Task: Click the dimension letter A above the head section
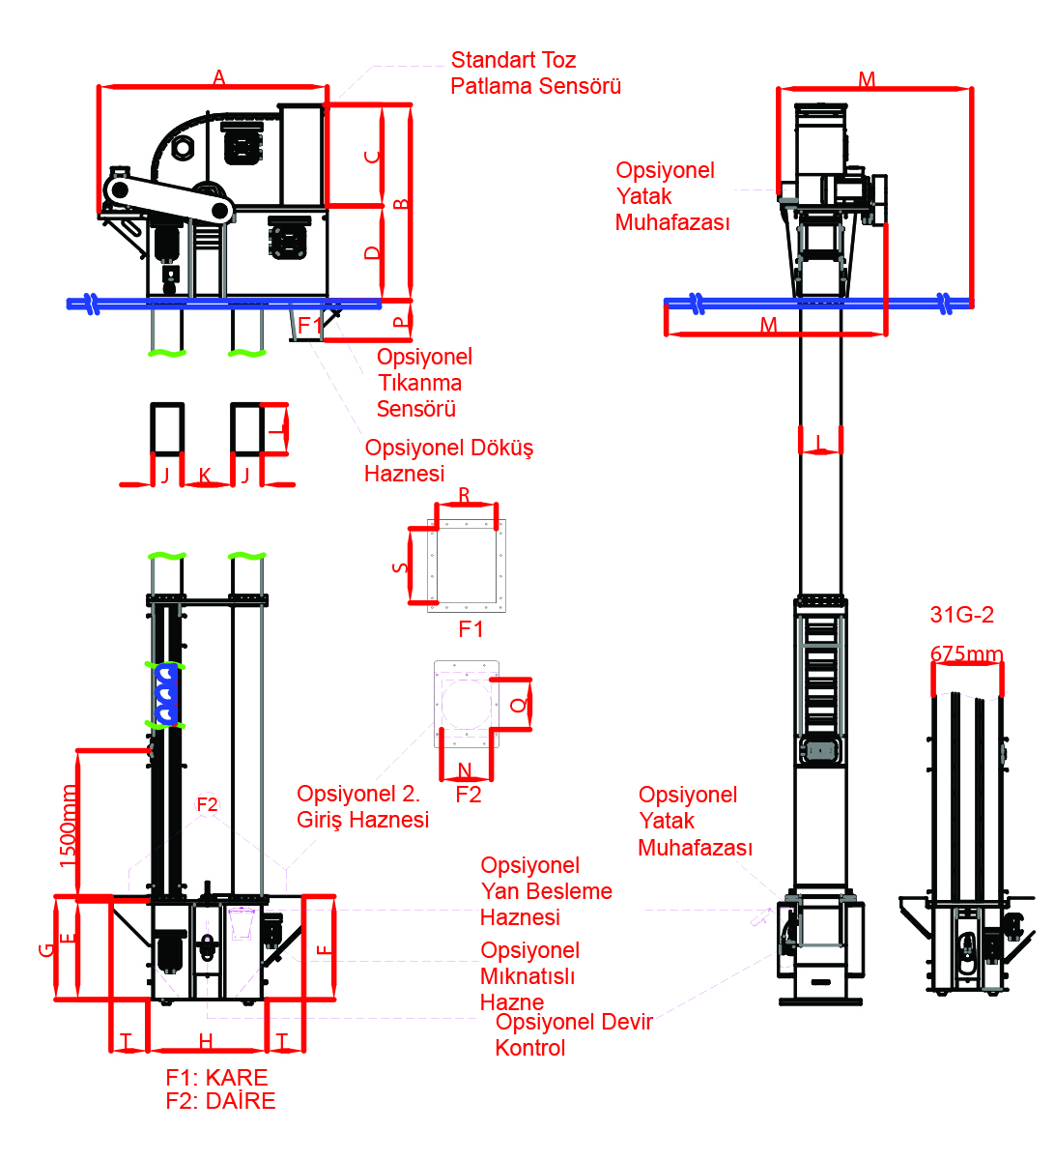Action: (218, 77)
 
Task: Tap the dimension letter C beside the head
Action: (372, 157)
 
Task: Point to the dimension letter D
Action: (372, 252)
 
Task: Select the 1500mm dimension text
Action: (68, 826)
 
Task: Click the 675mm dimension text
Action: (966, 654)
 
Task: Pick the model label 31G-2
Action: (961, 615)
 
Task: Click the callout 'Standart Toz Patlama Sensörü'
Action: (535, 72)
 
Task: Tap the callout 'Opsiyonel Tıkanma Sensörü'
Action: (424, 382)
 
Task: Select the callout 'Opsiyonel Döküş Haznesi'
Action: (448, 460)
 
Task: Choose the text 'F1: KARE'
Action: (216, 1077)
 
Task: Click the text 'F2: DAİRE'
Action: (220, 1100)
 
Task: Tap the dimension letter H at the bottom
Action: (206, 1041)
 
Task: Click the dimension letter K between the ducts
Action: (205, 476)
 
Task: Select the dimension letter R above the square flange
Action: (464, 495)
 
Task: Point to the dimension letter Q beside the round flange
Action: (518, 705)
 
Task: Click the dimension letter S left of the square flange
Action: (400, 567)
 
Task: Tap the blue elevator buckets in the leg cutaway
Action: (166, 694)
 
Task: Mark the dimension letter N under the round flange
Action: (465, 769)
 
